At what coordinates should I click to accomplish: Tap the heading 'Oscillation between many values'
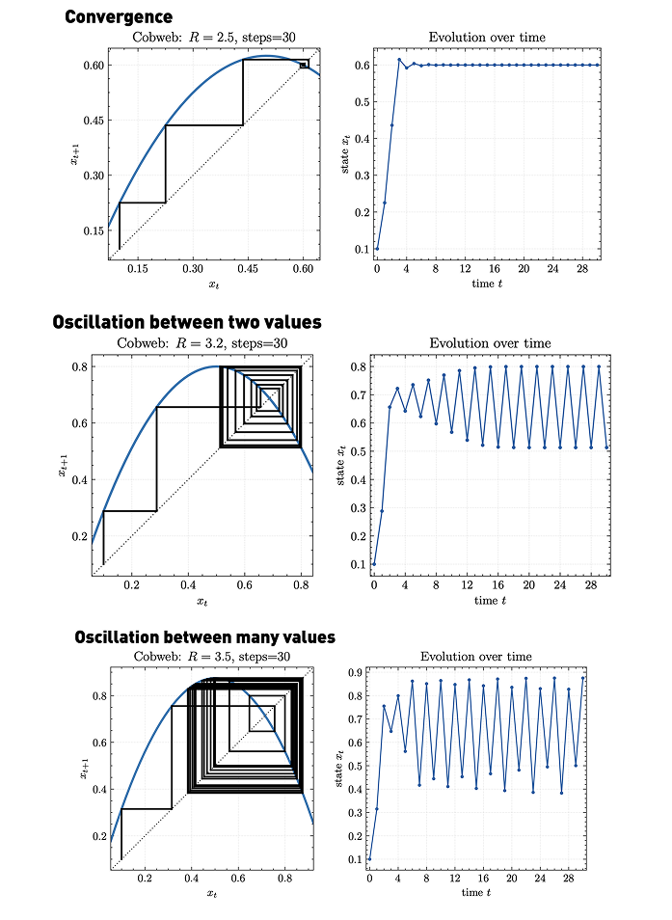tap(205, 637)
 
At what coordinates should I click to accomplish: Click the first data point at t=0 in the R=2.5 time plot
tap(377, 249)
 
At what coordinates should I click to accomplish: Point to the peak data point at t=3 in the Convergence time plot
tap(399, 60)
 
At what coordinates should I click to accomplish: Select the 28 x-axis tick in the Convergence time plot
tap(581, 271)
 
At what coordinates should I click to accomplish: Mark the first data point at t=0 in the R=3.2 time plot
tap(374, 564)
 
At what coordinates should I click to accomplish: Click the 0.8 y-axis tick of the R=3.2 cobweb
tap(81, 366)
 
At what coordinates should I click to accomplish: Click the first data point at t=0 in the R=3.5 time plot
tap(369, 859)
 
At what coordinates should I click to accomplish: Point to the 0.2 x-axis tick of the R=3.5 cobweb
tap(145, 879)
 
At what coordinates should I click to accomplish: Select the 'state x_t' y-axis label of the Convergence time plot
tap(344, 154)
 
